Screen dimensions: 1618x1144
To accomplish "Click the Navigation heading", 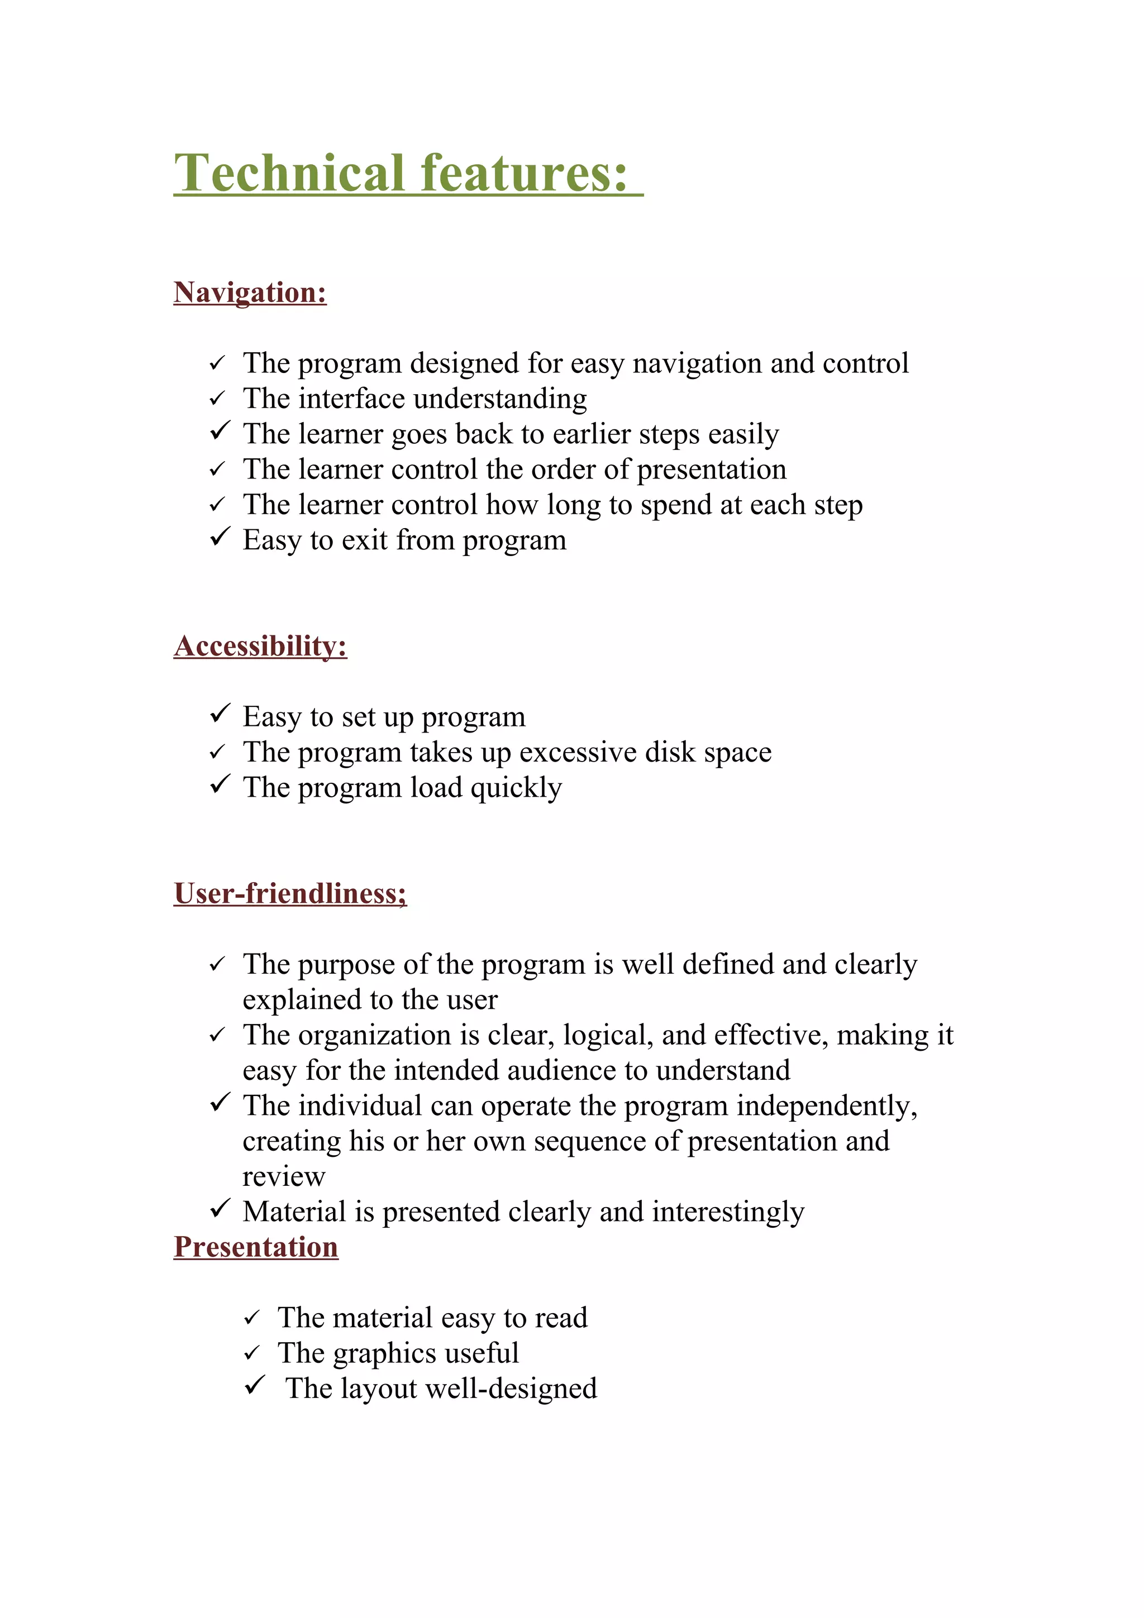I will tap(250, 293).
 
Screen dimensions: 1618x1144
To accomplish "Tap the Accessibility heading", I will tap(260, 646).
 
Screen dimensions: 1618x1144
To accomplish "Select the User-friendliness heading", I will tap(290, 893).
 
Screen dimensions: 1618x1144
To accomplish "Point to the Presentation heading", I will tap(256, 1247).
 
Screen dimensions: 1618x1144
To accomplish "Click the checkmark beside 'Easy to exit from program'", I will tap(220, 538).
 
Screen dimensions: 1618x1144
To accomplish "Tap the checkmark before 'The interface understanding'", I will tap(217, 399).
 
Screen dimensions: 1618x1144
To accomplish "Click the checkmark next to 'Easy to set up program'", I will tap(220, 714).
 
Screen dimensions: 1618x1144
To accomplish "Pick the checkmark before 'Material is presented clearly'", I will tap(220, 1209).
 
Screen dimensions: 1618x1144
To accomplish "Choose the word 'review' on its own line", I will tap(283, 1177).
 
